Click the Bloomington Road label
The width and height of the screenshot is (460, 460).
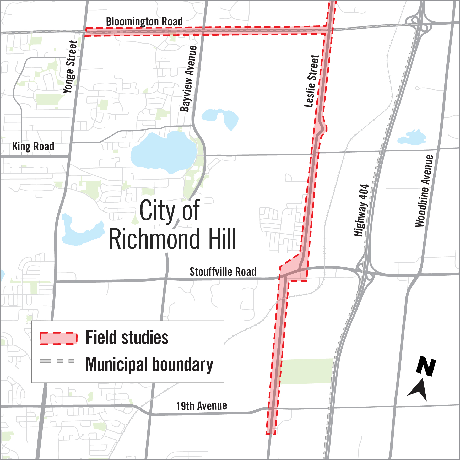pyautogui.click(x=144, y=21)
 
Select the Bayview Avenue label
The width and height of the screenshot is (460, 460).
pyautogui.click(x=188, y=79)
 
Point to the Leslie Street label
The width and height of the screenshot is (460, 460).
pyautogui.click(x=312, y=81)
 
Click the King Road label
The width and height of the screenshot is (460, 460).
pyautogui.click(x=33, y=146)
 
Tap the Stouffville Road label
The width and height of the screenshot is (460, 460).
pyautogui.click(x=223, y=272)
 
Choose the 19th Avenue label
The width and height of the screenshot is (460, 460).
pyautogui.click(x=201, y=406)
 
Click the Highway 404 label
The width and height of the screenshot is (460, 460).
pyautogui.click(x=361, y=210)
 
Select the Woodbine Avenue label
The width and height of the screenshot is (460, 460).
pyautogui.click(x=424, y=191)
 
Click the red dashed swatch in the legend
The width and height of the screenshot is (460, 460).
pyautogui.click(x=58, y=338)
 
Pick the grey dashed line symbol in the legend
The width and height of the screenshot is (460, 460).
pyautogui.click(x=57, y=361)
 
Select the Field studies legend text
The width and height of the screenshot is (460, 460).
pyautogui.click(x=127, y=338)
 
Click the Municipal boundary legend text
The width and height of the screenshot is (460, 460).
pyautogui.click(x=149, y=365)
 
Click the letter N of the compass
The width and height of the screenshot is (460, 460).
pyautogui.click(x=426, y=366)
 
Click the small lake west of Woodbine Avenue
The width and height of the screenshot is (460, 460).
pyautogui.click(x=412, y=137)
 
